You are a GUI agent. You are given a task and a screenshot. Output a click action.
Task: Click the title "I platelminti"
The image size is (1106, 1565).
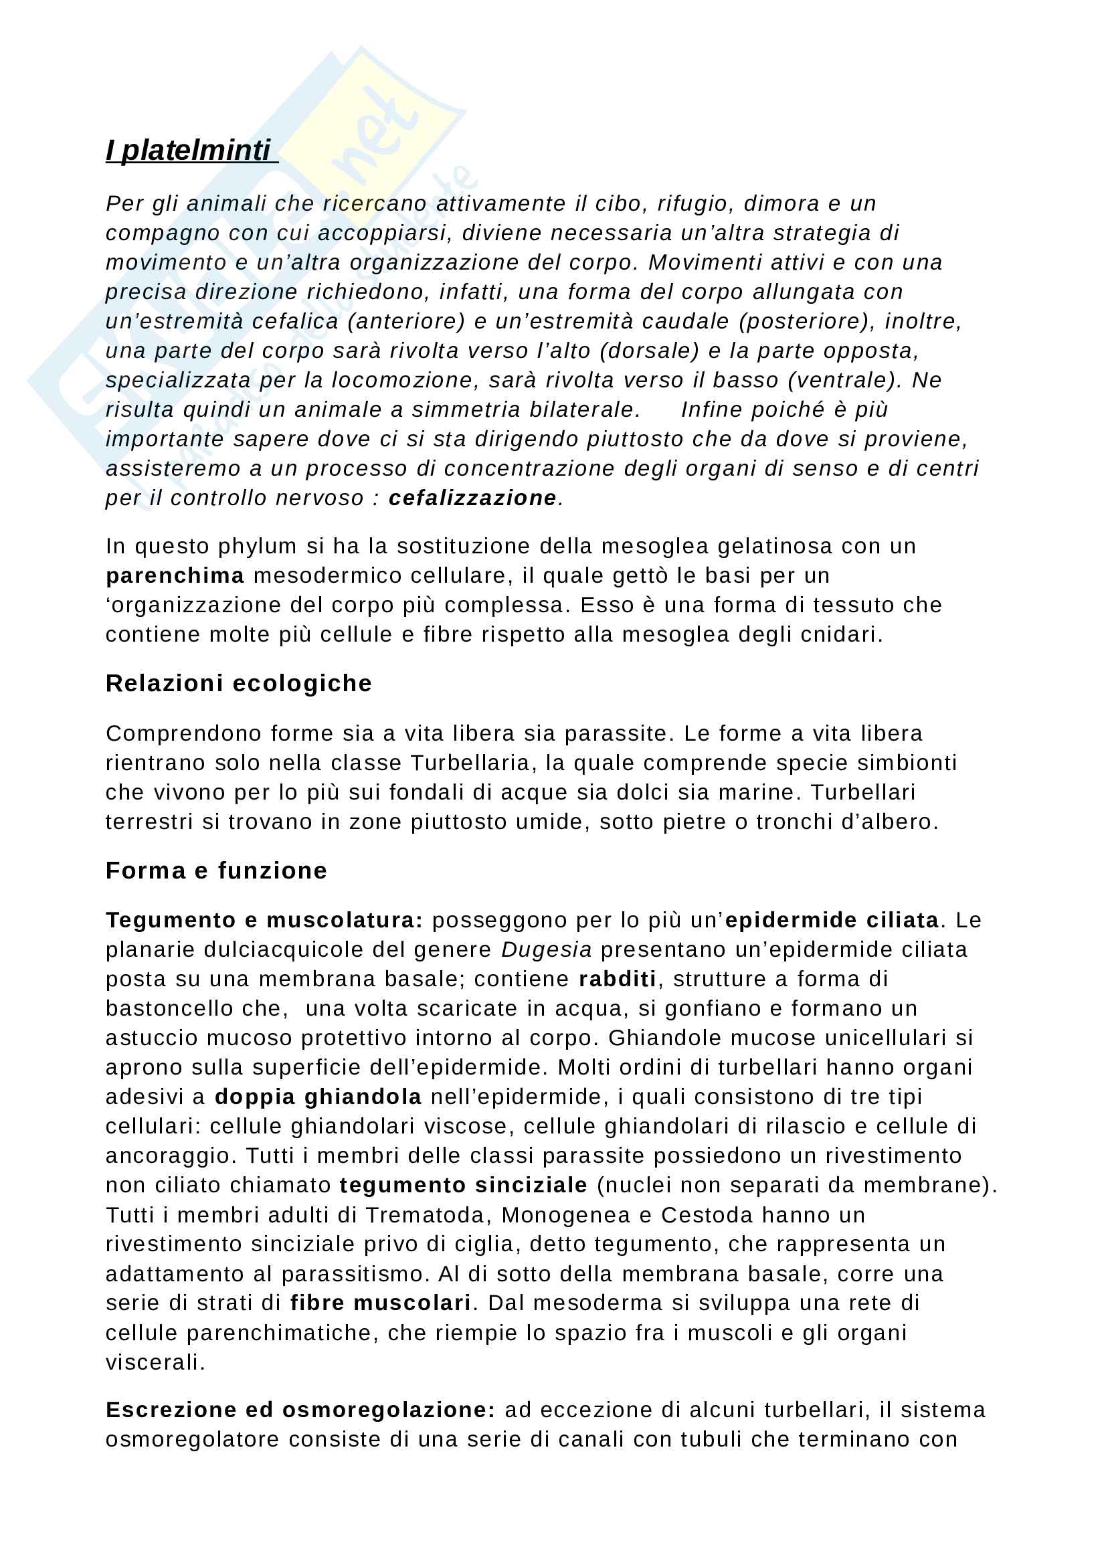189,151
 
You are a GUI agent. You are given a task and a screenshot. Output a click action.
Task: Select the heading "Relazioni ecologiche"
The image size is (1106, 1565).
238,683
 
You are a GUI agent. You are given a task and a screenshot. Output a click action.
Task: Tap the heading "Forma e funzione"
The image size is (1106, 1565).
216,870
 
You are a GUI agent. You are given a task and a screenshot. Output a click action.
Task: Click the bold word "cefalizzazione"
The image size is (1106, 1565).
472,498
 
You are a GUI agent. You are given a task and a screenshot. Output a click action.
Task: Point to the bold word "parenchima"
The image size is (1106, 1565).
175,576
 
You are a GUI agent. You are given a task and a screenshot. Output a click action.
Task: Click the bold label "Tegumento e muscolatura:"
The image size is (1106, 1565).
264,920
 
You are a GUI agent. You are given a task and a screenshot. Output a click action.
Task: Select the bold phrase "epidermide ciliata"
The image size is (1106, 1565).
832,920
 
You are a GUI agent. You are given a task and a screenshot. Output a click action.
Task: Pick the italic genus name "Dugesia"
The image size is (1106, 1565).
547,949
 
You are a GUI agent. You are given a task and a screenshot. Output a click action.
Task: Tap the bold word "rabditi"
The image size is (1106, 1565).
618,979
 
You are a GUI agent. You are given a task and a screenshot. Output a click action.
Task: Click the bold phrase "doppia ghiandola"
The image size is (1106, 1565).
318,1097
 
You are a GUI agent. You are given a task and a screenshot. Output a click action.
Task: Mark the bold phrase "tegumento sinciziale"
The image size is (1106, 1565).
464,1186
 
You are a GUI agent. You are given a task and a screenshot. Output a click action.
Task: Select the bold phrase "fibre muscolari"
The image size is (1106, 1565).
380,1303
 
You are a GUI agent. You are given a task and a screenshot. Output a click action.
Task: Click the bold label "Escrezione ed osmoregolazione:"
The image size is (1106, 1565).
300,1410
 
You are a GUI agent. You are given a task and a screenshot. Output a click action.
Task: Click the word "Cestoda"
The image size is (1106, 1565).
701,1215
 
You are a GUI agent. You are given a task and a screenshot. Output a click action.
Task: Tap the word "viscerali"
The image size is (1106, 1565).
155,1362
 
